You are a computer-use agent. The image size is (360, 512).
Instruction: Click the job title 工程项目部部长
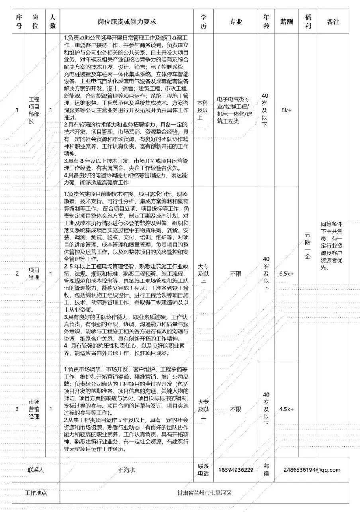coord(34,110)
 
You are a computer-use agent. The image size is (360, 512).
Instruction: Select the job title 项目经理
coord(34,273)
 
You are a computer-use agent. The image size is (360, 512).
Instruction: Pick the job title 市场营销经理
coord(34,409)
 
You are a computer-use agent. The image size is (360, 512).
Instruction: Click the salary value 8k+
coord(286,110)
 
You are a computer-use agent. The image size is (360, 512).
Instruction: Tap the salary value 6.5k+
coord(286,273)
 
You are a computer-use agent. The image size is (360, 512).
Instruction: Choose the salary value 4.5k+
coord(286,409)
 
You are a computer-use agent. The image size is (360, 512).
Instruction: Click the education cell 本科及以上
coord(203,110)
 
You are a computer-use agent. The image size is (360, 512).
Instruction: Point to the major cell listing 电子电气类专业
coord(236,110)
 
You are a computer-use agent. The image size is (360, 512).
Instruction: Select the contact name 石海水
coord(127,470)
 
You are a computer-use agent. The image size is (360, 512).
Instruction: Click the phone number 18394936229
coord(236,470)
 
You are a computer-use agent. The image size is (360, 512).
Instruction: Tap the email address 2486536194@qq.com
coord(312,470)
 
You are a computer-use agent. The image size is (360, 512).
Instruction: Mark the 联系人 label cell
coord(36,470)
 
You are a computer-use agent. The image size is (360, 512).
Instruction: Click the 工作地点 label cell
coord(36,493)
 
